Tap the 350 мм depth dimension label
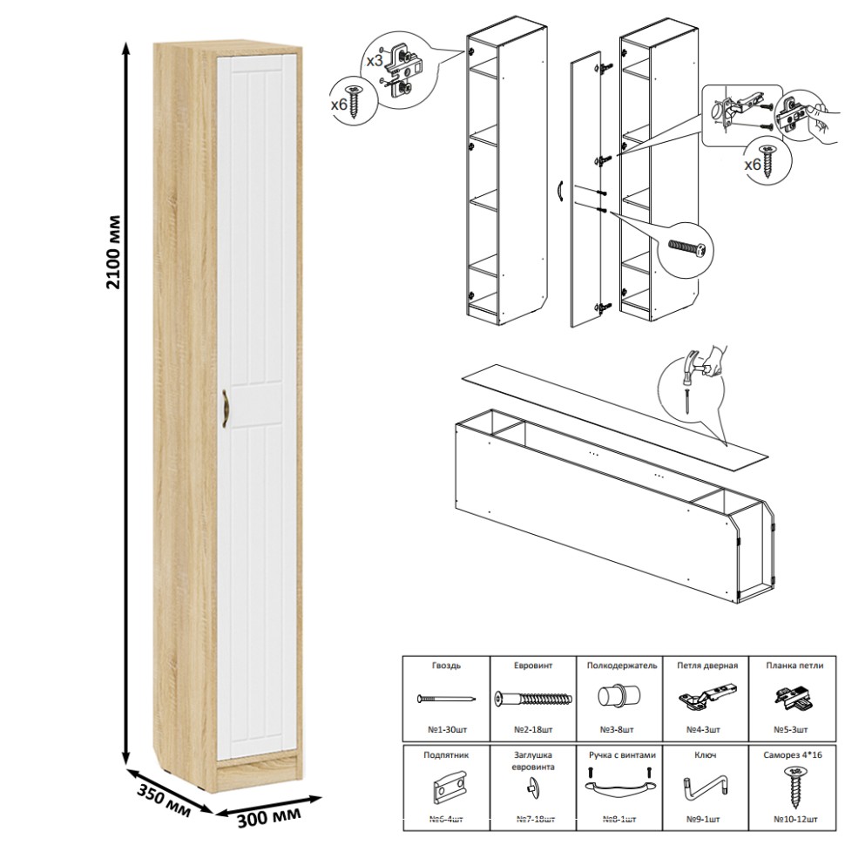click(163, 795)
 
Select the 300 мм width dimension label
click(269, 815)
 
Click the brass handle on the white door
click(225, 409)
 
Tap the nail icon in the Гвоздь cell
click(445, 698)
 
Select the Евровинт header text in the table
click(532, 665)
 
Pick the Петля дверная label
click(706, 665)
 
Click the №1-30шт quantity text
click(445, 728)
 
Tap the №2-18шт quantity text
click(532, 728)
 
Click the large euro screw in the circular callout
click(686, 247)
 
